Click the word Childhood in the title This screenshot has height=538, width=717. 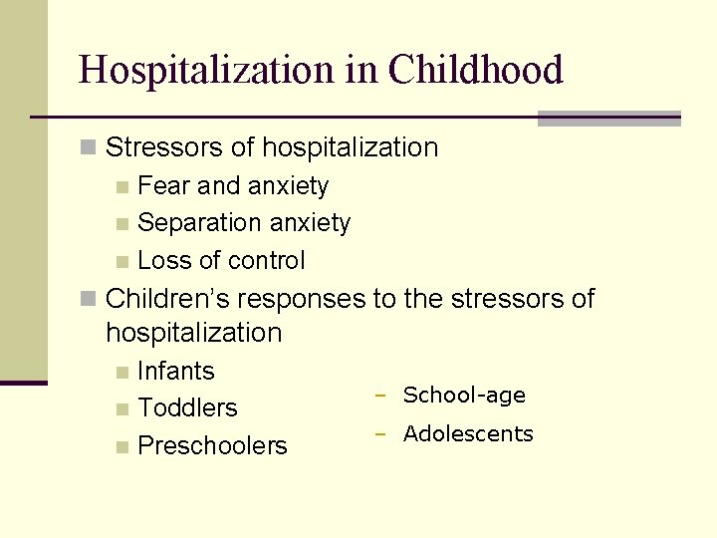(x=475, y=70)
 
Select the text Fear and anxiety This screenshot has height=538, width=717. (x=233, y=186)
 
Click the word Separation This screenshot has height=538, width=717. (x=194, y=223)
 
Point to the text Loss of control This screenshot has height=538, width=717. (x=221, y=261)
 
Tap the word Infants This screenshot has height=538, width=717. (x=176, y=372)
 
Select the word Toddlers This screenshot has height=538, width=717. (x=188, y=408)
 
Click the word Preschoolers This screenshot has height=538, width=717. (x=212, y=446)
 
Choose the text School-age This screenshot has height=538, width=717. (x=464, y=396)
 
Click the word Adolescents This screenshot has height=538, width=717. (x=468, y=434)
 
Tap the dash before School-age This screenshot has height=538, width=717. (x=379, y=396)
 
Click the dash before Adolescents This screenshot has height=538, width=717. (x=379, y=434)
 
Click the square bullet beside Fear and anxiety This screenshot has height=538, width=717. (x=121, y=187)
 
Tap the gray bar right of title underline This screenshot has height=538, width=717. (x=608, y=119)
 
